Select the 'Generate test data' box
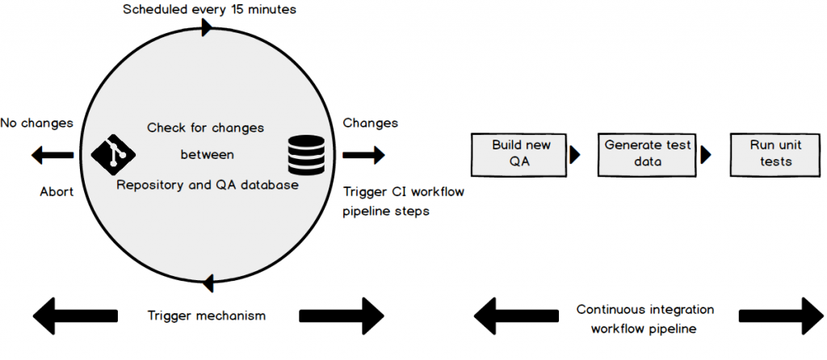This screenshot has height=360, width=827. point(648,153)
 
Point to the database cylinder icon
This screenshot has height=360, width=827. point(306,154)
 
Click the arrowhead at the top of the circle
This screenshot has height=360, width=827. point(207,27)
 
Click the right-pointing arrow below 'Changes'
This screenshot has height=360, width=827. point(364,154)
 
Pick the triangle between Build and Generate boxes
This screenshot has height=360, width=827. point(575,154)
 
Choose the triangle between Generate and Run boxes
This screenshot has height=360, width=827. point(706,154)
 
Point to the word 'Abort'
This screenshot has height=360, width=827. point(57,192)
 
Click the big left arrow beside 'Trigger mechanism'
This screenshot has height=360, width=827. point(76,316)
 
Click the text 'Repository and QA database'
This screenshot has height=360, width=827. point(208,186)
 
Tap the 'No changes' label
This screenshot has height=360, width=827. point(36,123)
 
